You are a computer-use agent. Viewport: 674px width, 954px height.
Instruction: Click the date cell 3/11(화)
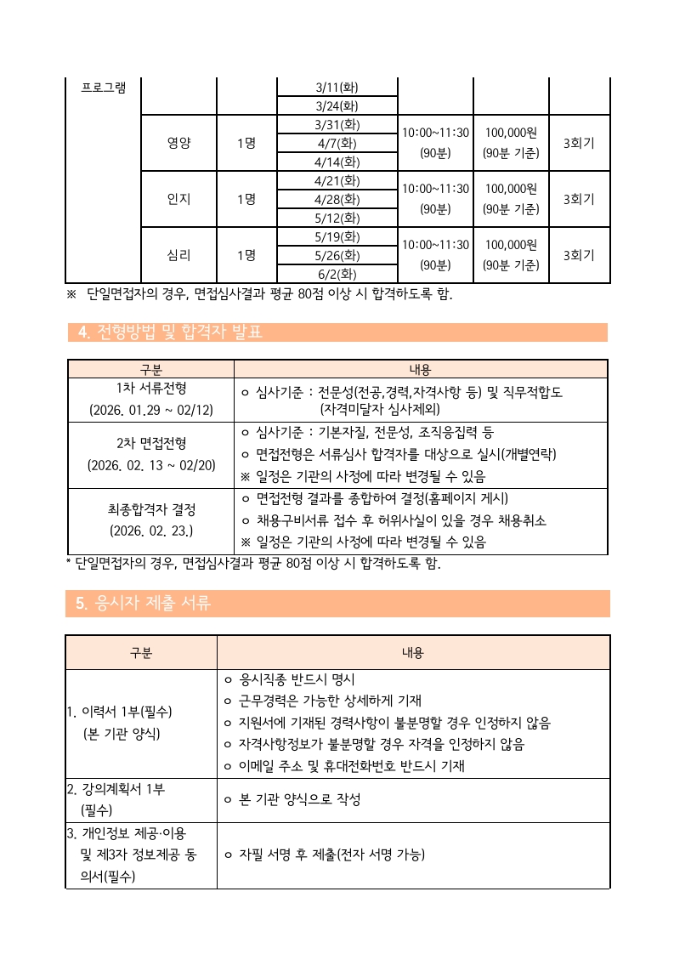click(x=337, y=88)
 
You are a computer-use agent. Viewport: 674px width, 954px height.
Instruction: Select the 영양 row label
click(x=179, y=143)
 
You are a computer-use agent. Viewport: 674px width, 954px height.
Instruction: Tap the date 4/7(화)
click(x=337, y=143)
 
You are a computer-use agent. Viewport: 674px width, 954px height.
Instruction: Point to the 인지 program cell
click(x=179, y=199)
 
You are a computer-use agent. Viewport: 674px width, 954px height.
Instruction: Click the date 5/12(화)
click(x=337, y=218)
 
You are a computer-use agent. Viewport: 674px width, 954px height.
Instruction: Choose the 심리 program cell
click(x=179, y=255)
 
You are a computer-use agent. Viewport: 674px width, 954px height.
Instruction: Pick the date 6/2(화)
click(x=337, y=274)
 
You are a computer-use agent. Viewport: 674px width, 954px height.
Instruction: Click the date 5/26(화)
click(x=337, y=255)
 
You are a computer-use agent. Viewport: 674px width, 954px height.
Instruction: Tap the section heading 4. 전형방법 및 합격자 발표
click(x=170, y=332)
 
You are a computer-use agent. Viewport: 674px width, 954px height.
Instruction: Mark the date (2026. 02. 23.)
click(x=151, y=531)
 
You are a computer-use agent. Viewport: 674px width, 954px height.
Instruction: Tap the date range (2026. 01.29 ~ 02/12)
click(x=151, y=410)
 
